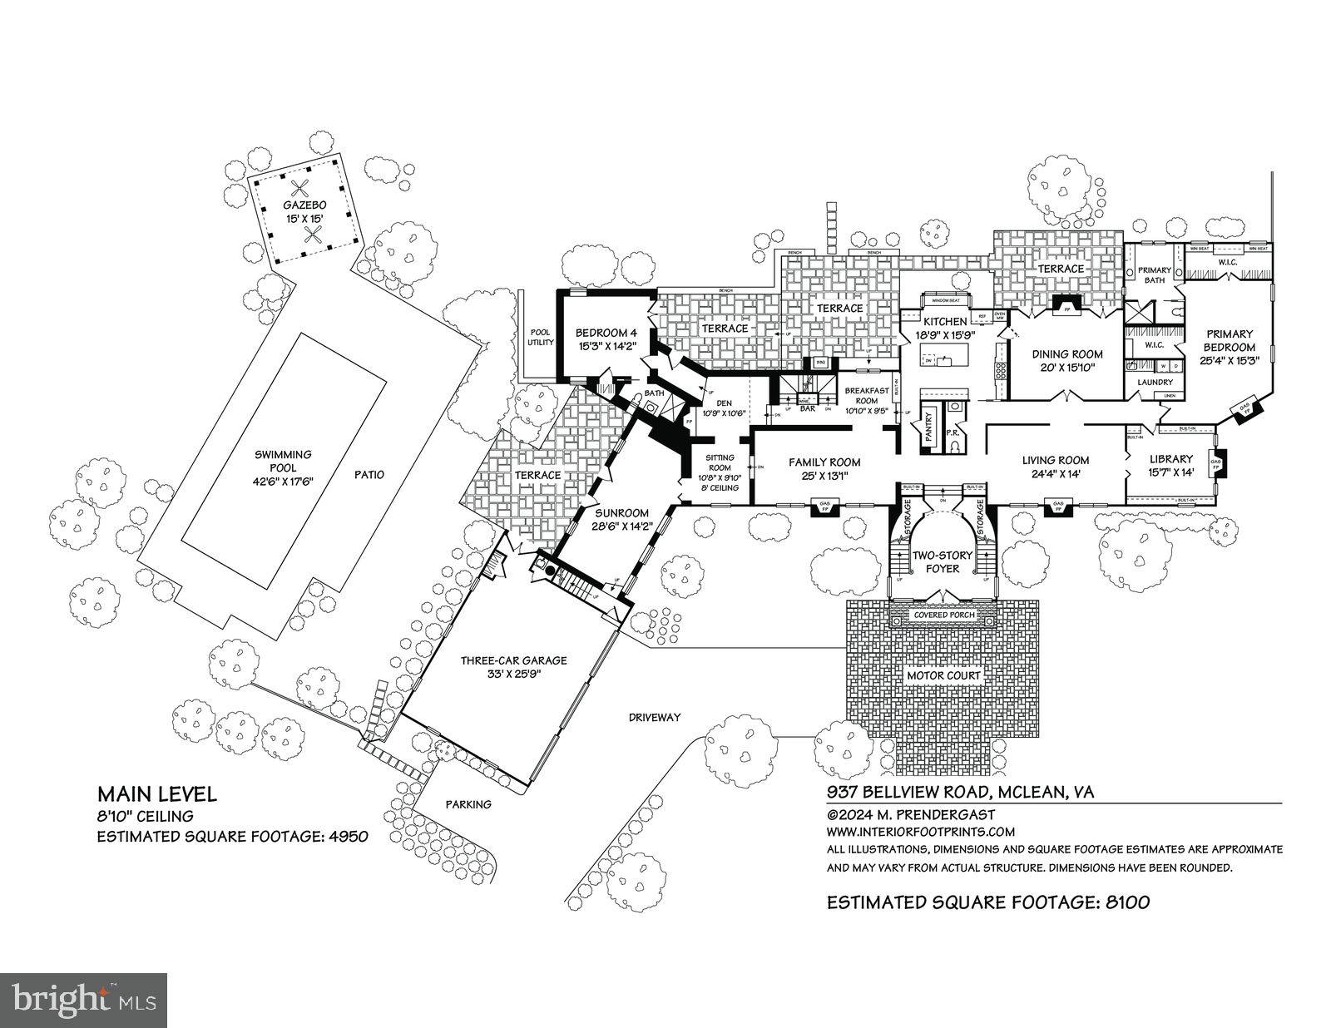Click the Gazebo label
[304, 205]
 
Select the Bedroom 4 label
[606, 334]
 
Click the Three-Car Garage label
[514, 660]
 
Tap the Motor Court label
[943, 675]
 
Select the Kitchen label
[946, 321]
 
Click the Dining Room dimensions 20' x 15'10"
[1066, 367]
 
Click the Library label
[1171, 459]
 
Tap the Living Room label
[1056, 460]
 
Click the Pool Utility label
[540, 337]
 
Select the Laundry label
[1155, 382]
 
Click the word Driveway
[655, 717]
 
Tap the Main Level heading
[157, 794]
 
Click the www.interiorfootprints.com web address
[921, 831]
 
